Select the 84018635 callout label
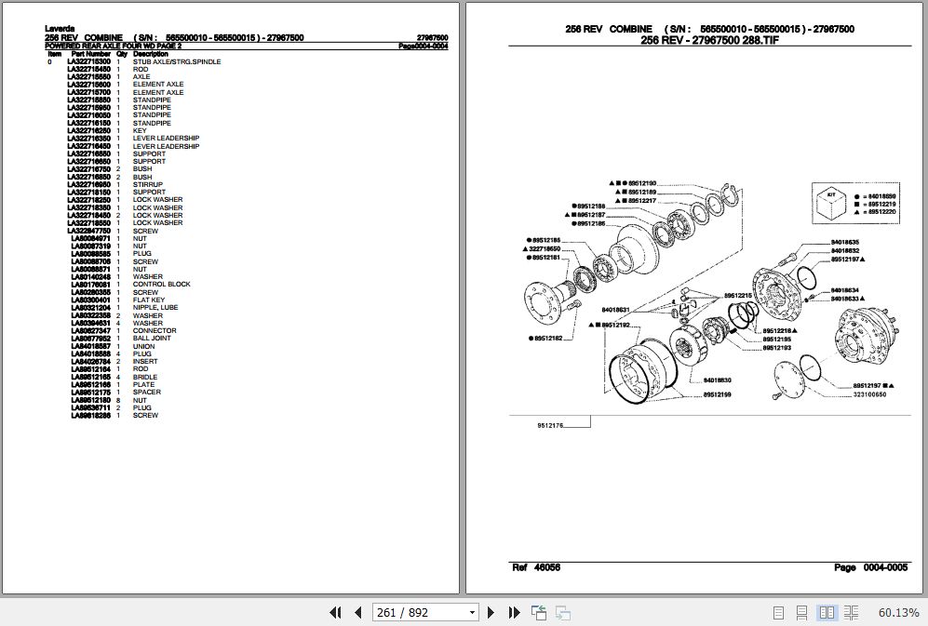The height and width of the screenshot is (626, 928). click(x=845, y=242)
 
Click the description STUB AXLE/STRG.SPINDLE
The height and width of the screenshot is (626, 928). click(x=177, y=62)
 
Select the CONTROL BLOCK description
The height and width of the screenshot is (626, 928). click(x=161, y=285)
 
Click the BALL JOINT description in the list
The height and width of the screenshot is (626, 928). click(x=152, y=339)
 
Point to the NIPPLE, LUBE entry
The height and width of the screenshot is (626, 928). click(x=155, y=308)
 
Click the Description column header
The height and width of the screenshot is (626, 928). click(x=150, y=54)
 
